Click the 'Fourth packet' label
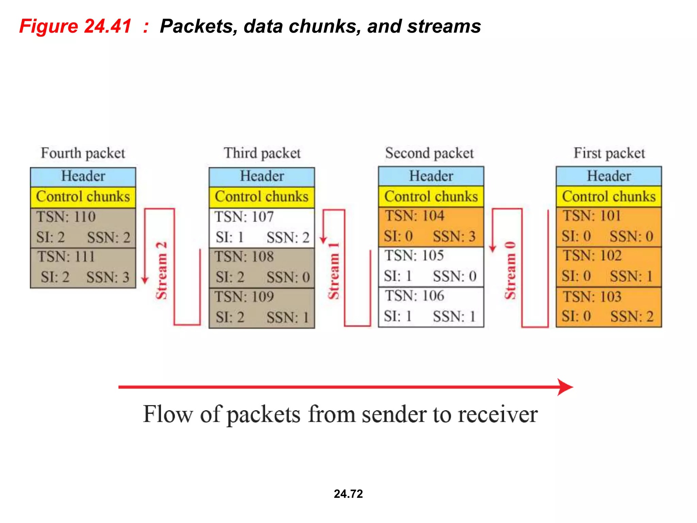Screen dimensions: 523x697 pyautogui.click(x=83, y=153)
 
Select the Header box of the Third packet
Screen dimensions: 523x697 pyautogui.click(x=261, y=176)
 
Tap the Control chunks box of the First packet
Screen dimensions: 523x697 pyautogui.click(x=609, y=196)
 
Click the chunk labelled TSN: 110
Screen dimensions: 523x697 pyautogui.click(x=83, y=227)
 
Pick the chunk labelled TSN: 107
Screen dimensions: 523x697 pyautogui.click(x=261, y=227)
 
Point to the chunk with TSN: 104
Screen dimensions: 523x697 pyautogui.click(x=431, y=226)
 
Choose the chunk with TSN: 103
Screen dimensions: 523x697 pyautogui.click(x=609, y=307)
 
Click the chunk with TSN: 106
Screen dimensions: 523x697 pyautogui.click(x=431, y=307)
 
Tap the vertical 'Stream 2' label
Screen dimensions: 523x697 pyautogui.click(x=161, y=271)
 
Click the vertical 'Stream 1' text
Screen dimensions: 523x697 pyautogui.click(x=334, y=271)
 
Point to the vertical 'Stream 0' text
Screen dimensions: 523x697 pyautogui.click(x=510, y=271)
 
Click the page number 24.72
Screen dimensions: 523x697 pyautogui.click(x=348, y=494)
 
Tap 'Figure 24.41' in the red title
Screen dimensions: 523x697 pyautogui.click(x=75, y=26)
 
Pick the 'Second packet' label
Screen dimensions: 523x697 pyautogui.click(x=429, y=153)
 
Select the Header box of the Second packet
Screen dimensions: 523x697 pyautogui.click(x=431, y=176)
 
